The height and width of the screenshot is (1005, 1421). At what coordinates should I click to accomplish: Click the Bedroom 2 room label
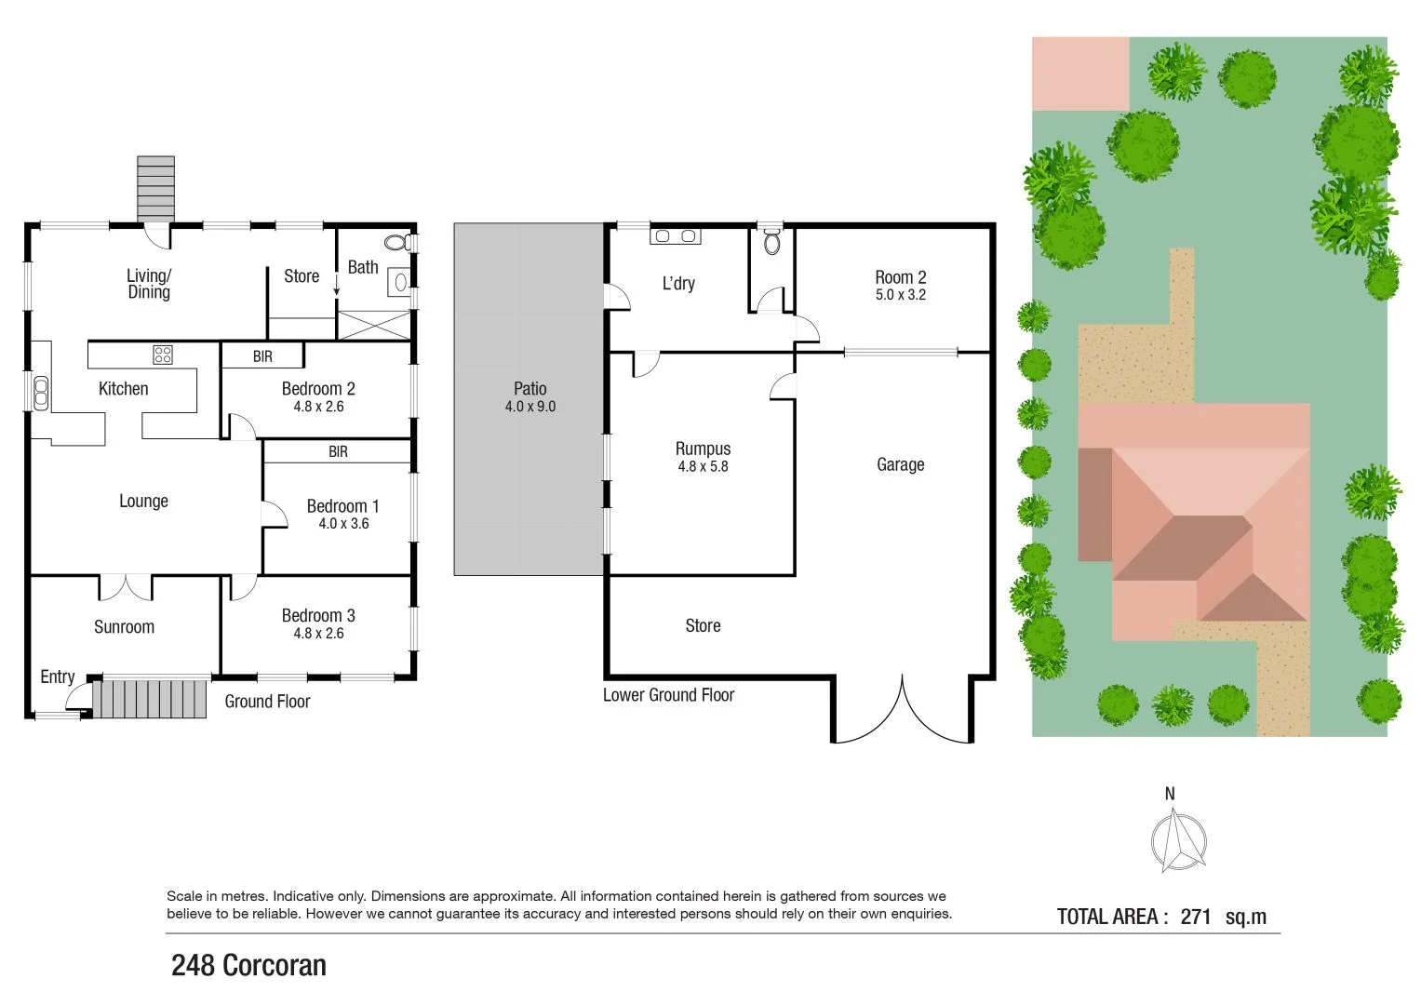[x=318, y=389]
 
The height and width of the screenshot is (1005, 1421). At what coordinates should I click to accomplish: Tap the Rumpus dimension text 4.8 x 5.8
[x=703, y=466]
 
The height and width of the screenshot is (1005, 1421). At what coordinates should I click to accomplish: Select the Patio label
[x=530, y=389]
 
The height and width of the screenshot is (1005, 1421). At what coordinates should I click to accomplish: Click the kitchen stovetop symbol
[x=163, y=354]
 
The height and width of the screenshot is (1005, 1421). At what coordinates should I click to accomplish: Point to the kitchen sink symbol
[x=40, y=393]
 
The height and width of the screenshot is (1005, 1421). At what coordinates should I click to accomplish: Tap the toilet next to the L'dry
[x=771, y=242]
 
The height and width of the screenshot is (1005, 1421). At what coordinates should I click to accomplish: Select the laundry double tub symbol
[x=676, y=236]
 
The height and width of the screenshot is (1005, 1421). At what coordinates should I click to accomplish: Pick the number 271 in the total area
[x=1196, y=917]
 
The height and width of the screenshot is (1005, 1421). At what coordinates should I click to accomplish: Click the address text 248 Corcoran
[x=248, y=966]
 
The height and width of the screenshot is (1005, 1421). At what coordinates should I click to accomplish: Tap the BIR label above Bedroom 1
[x=338, y=452]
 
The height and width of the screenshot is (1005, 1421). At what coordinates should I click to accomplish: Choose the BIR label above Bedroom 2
[x=262, y=356]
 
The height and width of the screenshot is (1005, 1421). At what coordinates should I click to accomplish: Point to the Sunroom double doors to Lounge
[x=126, y=586]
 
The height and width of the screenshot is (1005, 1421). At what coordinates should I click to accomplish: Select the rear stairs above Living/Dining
[x=155, y=188]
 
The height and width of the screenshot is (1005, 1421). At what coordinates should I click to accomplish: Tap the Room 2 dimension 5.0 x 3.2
[x=900, y=295]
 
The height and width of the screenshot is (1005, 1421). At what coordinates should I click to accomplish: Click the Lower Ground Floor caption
[x=668, y=695]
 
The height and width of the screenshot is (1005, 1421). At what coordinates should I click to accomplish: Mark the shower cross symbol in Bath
[x=373, y=325]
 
